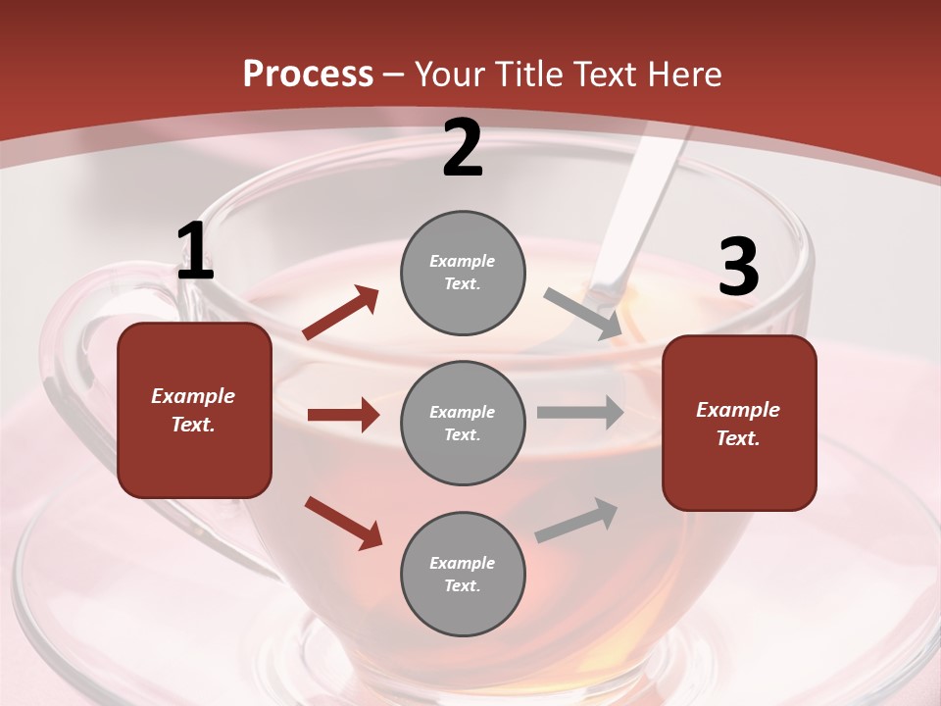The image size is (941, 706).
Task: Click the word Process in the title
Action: coord(308,74)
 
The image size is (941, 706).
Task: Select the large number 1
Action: coord(195,252)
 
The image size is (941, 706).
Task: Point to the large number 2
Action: coord(463,148)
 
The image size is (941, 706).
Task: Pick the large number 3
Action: coord(738,267)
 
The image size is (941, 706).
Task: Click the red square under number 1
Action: coord(194,410)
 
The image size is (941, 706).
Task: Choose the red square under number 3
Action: coord(739,423)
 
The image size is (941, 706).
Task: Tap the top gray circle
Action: coord(463,273)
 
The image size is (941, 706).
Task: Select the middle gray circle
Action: coord(463,423)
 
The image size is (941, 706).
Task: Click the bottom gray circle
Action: coord(463,574)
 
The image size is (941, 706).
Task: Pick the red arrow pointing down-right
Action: coord(343,523)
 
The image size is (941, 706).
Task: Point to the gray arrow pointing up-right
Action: coord(576,520)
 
